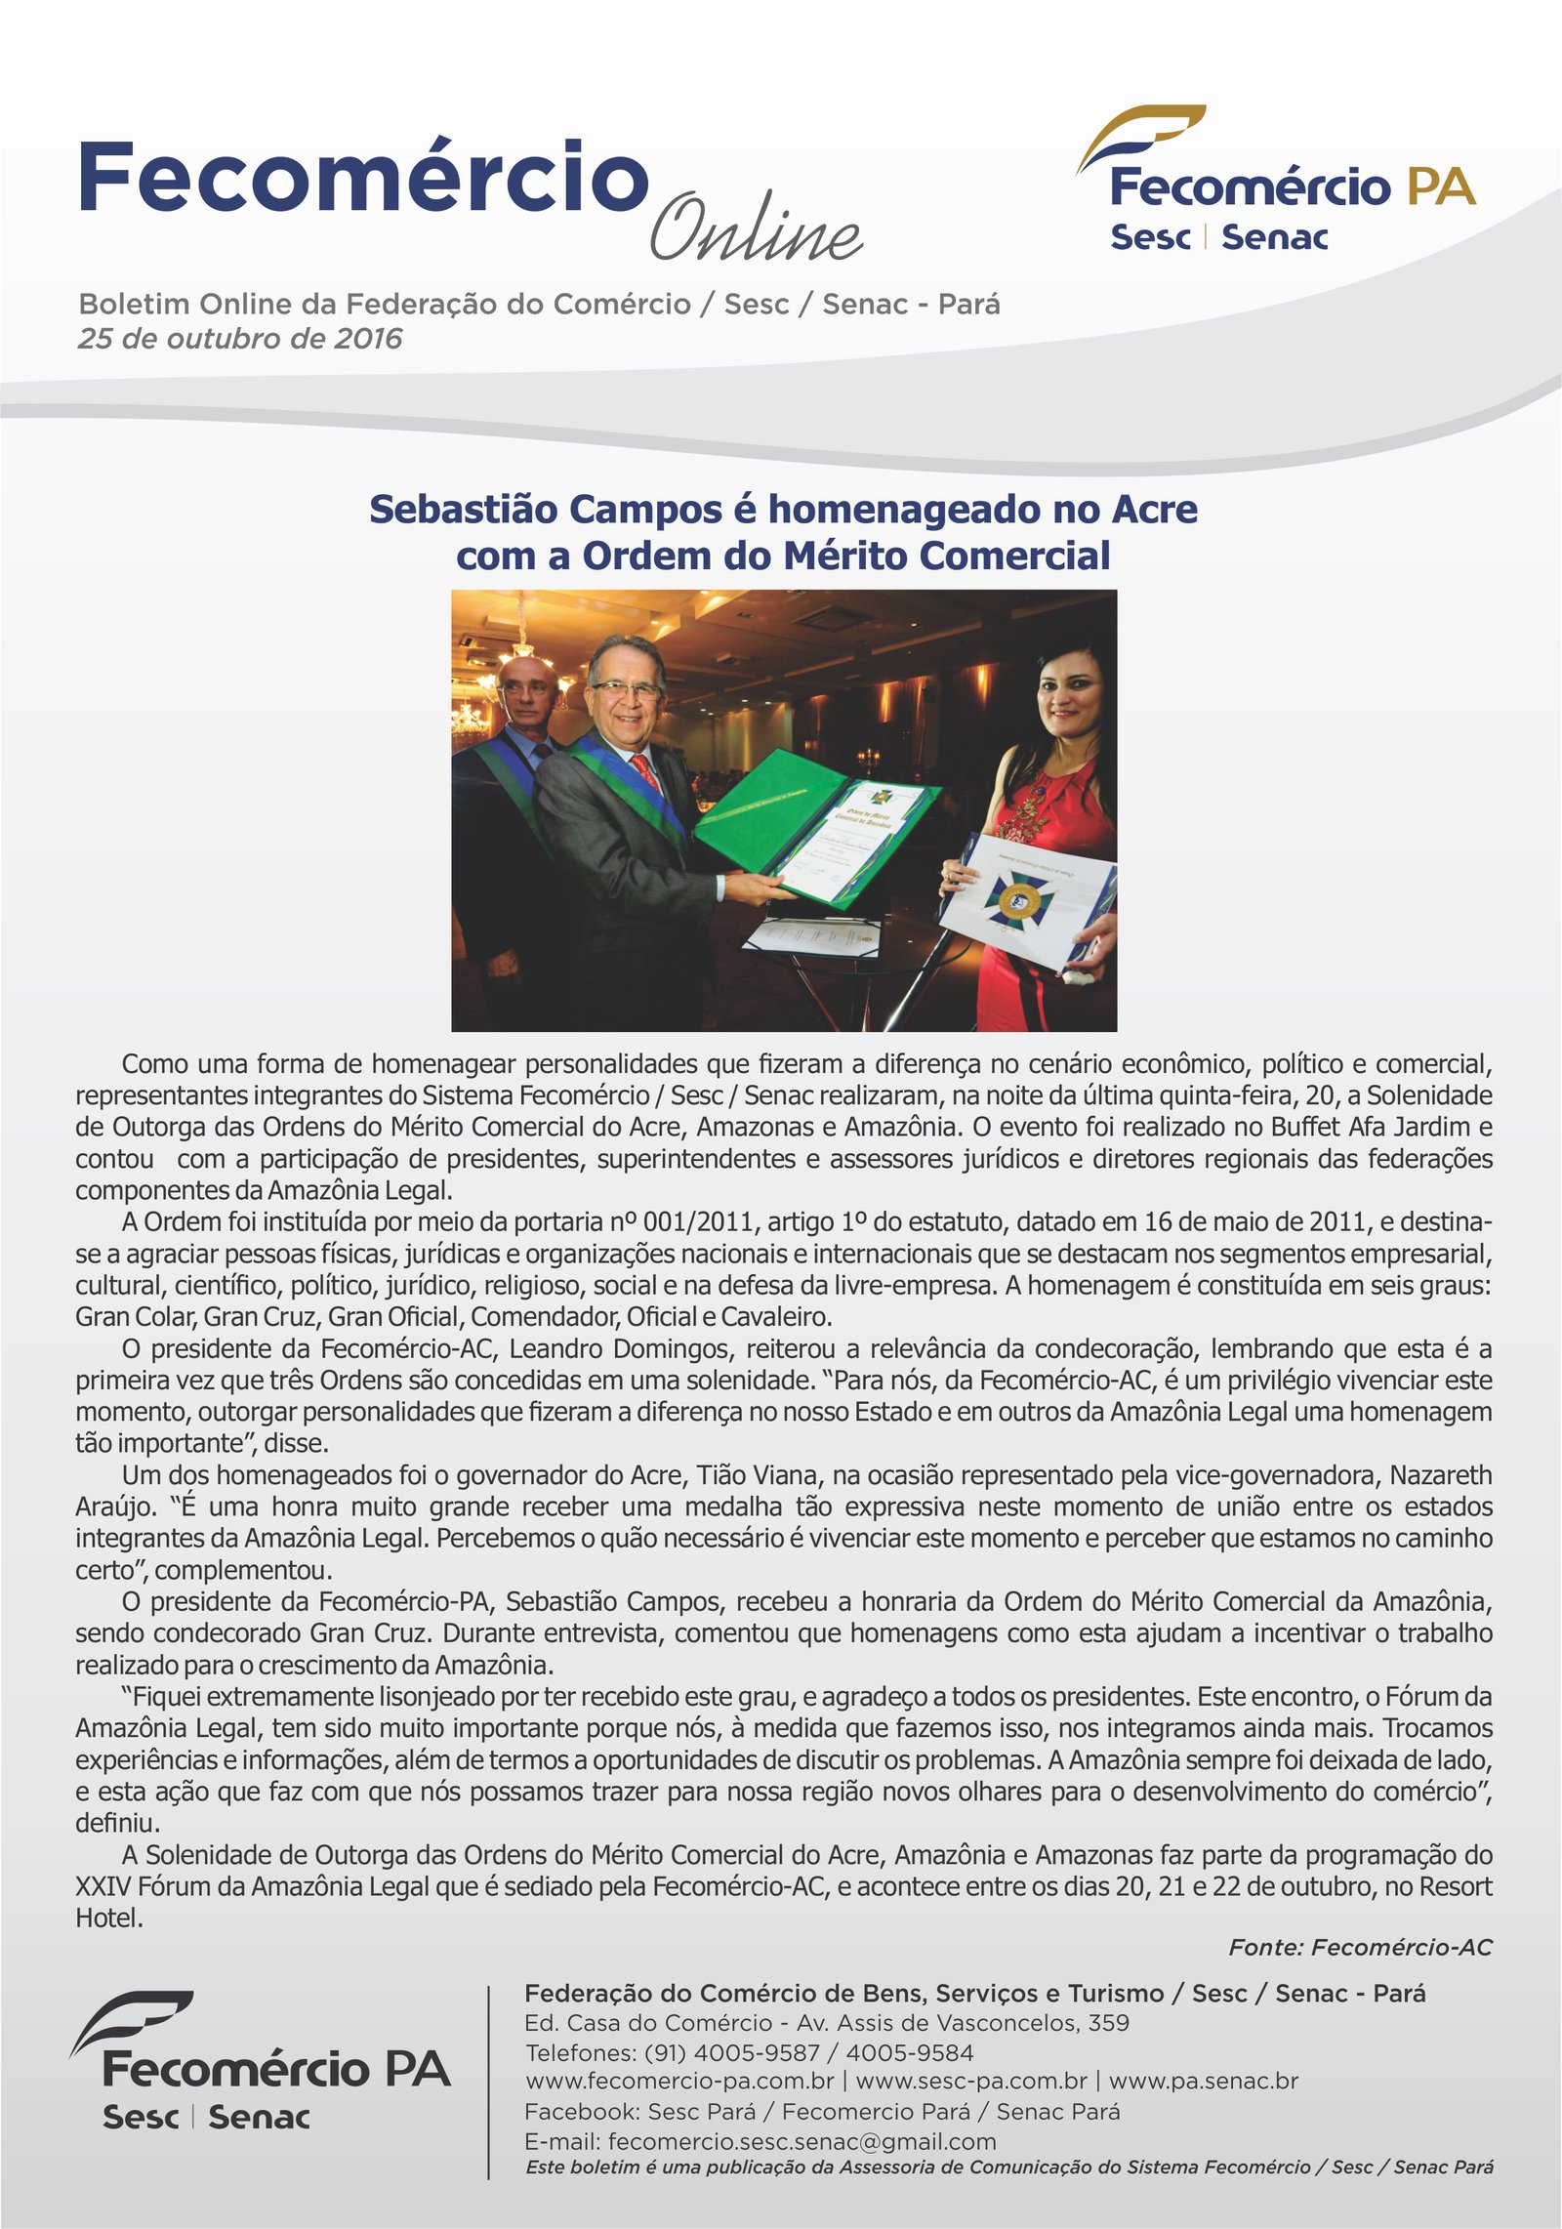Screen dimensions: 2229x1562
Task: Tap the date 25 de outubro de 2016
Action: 240,339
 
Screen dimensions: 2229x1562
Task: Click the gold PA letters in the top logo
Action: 1441,186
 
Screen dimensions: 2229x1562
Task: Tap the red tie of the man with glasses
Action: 647,771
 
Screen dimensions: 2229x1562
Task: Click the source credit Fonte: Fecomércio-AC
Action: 1360,1947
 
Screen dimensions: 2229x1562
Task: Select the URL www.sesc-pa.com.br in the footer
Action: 970,2081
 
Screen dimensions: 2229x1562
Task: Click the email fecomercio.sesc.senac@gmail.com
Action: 802,2141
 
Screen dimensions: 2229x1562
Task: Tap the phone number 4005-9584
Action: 909,2052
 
